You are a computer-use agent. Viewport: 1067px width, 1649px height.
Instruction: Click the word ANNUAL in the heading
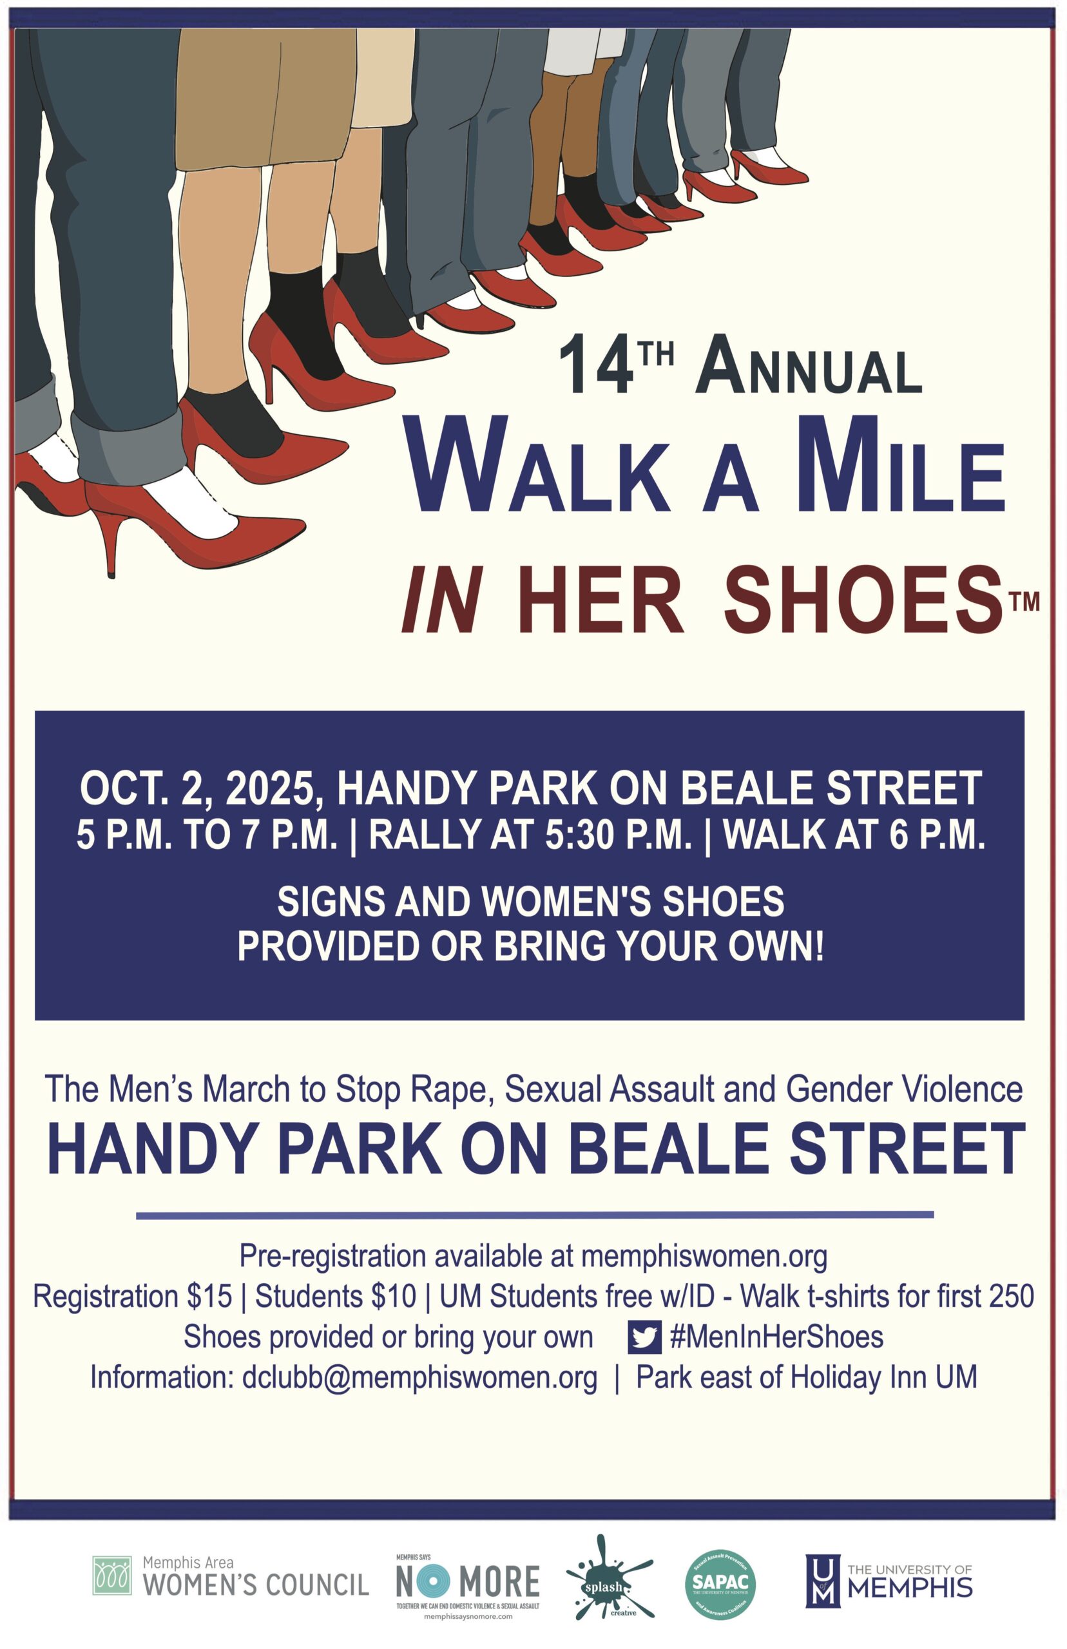(809, 365)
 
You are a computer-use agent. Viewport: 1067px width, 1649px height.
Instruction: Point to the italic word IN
(442, 600)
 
